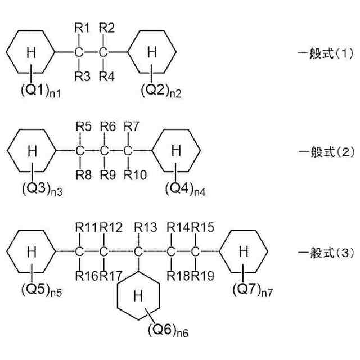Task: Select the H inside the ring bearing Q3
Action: coord(33,150)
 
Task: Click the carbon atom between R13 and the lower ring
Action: coord(138,251)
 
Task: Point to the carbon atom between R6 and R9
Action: coord(104,151)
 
